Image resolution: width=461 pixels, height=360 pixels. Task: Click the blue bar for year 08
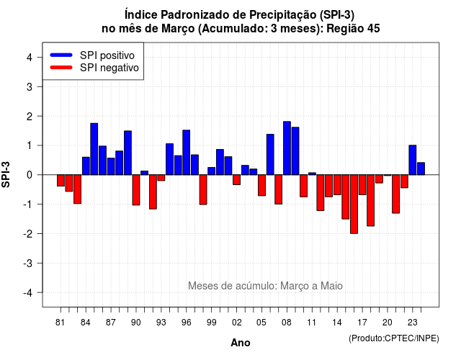point(287,148)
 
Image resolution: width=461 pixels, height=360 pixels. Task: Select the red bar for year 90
point(136,190)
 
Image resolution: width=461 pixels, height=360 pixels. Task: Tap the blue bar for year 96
point(186,153)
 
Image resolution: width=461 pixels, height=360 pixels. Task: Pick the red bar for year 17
point(362,184)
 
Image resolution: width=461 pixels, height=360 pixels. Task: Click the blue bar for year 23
point(413,160)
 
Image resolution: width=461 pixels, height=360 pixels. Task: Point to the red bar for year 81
point(61,181)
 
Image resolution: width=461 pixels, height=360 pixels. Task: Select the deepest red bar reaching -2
point(354,204)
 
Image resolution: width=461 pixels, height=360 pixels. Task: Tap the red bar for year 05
point(261,185)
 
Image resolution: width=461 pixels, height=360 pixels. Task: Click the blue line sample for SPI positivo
point(61,55)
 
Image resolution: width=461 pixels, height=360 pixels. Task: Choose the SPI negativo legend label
point(109,68)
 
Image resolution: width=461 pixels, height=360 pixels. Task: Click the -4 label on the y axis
point(28,293)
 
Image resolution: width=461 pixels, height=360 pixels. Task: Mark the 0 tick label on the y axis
point(30,175)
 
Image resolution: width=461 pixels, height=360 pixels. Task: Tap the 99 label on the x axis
point(211,323)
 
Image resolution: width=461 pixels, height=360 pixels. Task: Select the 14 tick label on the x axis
point(337,323)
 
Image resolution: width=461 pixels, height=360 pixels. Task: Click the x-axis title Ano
point(241,343)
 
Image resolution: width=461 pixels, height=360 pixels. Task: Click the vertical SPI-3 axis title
point(6,174)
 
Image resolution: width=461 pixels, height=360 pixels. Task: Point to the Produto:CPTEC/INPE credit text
point(394,338)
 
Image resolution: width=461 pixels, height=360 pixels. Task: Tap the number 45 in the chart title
point(373,29)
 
